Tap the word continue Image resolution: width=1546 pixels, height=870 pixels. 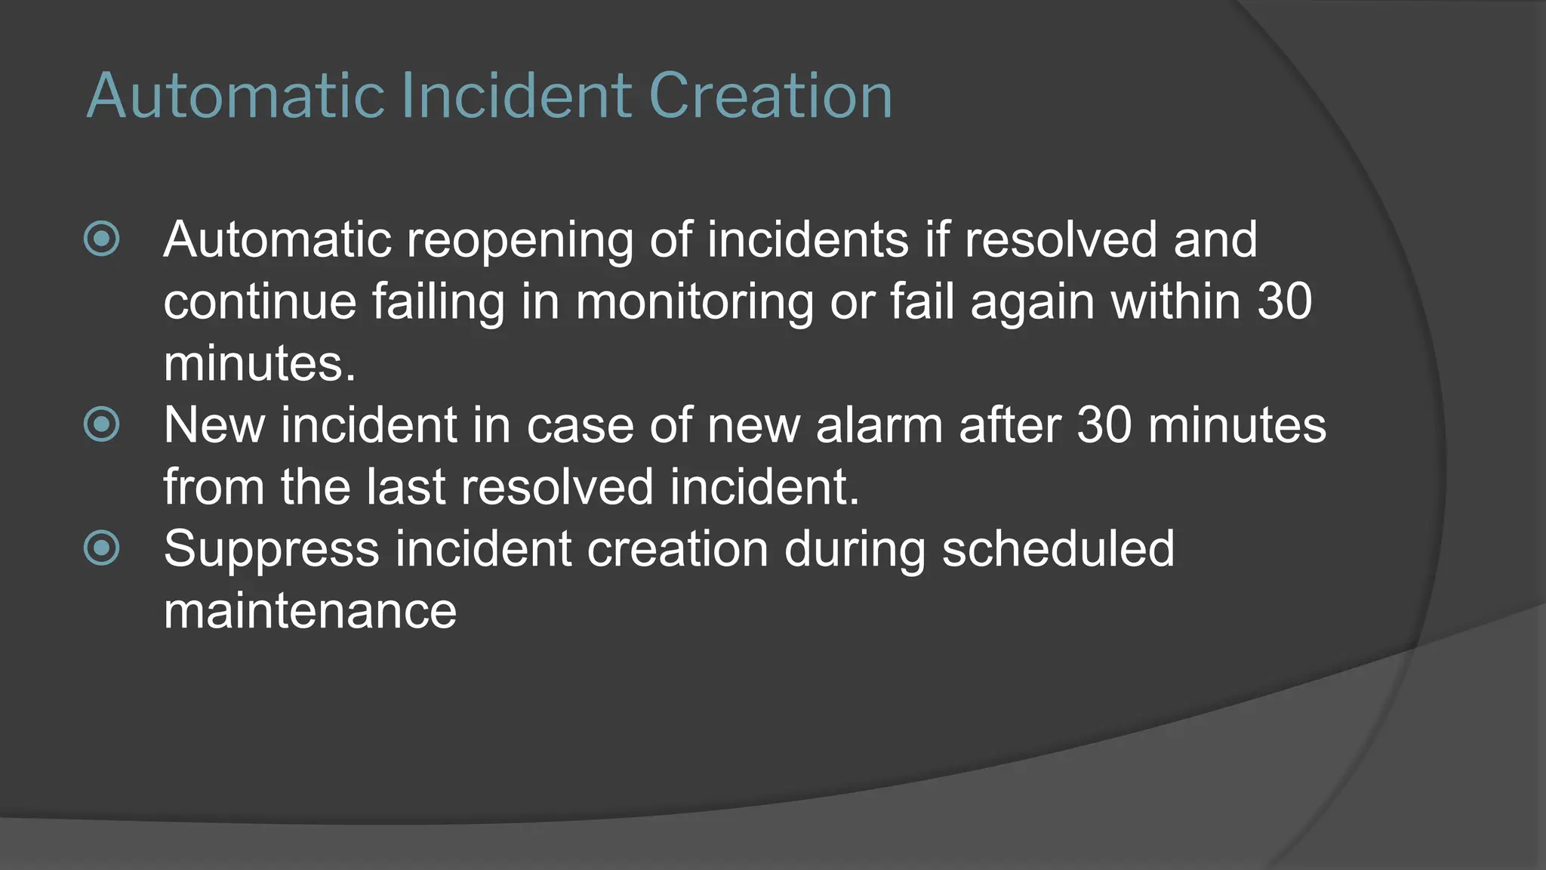pyautogui.click(x=260, y=302)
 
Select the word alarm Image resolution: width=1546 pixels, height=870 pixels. pyautogui.click(x=879, y=425)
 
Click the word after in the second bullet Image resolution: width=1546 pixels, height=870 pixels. pyautogui.click(x=1009, y=425)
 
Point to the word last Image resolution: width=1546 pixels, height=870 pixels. pyautogui.click(x=406, y=487)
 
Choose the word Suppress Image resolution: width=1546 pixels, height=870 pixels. pyautogui.click(x=271, y=551)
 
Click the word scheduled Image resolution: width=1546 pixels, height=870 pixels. pyautogui.click(x=1058, y=549)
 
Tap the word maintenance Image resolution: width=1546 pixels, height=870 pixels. pyautogui.click(x=310, y=611)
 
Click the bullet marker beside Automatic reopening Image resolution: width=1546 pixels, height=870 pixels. pyautogui.click(x=102, y=239)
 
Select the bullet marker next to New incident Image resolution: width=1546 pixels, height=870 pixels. pyautogui.click(x=102, y=424)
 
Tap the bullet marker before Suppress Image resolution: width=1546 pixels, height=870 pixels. pyautogui.click(x=102, y=548)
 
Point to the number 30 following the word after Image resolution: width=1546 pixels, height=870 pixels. pyautogui.click(x=1104, y=425)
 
